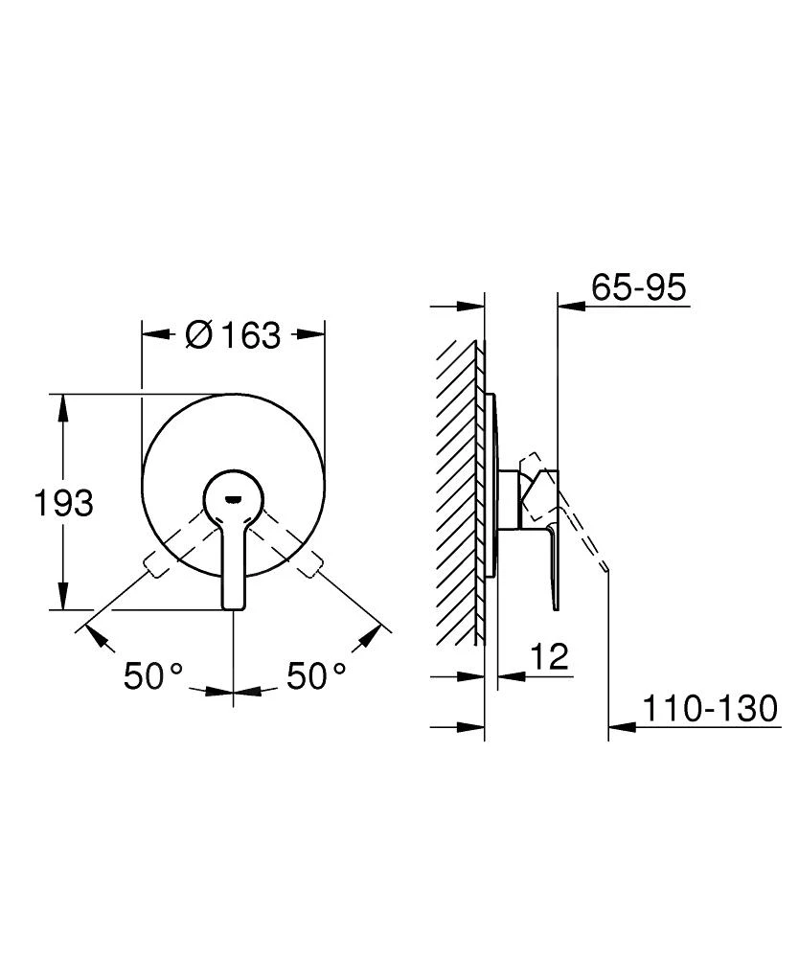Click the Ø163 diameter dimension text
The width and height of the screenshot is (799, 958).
[x=233, y=334]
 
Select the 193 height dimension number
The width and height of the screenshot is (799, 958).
[x=64, y=502]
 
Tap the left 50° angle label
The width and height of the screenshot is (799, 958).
[x=152, y=676]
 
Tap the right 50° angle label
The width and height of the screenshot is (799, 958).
[x=316, y=676]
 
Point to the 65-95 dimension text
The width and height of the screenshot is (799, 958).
[x=639, y=287]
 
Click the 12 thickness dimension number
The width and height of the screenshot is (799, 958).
[x=549, y=657]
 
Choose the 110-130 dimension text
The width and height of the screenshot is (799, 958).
[x=708, y=710]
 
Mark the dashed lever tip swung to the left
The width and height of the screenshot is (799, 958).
[x=155, y=566]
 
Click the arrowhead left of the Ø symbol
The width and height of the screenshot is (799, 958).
[x=153, y=334]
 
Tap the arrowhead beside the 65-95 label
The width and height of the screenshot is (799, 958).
[x=570, y=306]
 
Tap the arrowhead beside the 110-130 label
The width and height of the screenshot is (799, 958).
[x=622, y=729]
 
